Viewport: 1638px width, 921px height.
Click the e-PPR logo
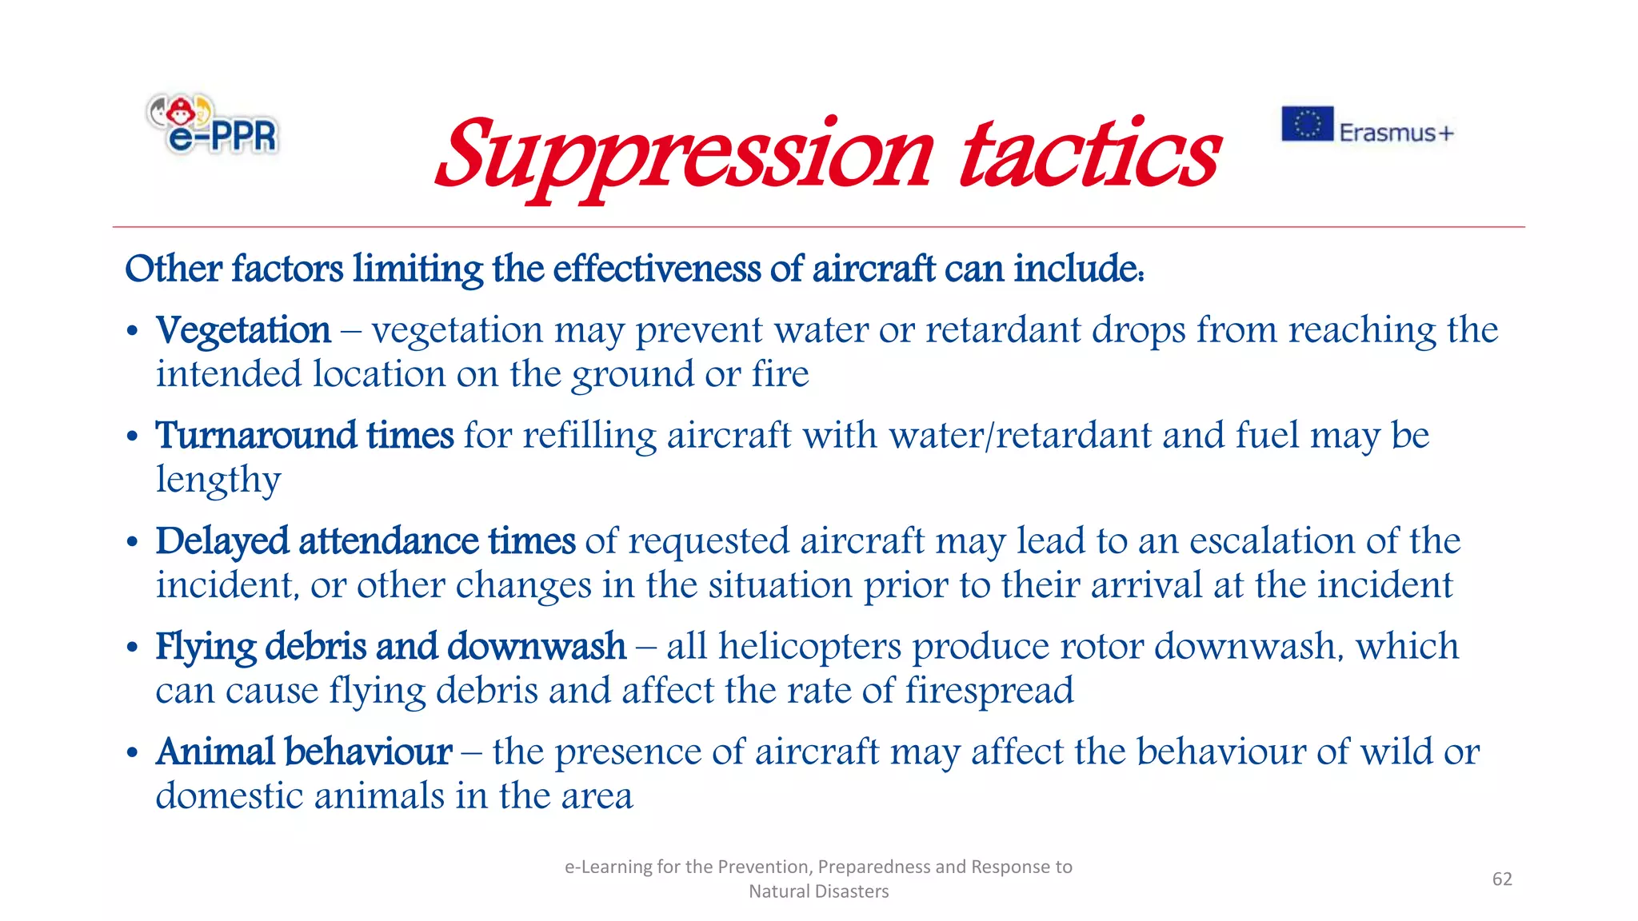(213, 124)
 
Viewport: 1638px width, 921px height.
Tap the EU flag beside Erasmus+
(1307, 124)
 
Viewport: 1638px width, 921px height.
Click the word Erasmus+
(1396, 133)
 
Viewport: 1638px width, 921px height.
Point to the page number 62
(1502, 879)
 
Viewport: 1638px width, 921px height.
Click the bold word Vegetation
(243, 331)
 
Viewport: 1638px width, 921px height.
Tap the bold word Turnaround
(256, 436)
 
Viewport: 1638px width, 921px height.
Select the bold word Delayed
(223, 542)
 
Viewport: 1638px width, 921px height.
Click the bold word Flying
(206, 647)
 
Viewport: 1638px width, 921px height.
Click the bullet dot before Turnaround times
(133, 437)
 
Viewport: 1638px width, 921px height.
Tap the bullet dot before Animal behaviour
(133, 754)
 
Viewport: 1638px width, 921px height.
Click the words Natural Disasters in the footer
(818, 891)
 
